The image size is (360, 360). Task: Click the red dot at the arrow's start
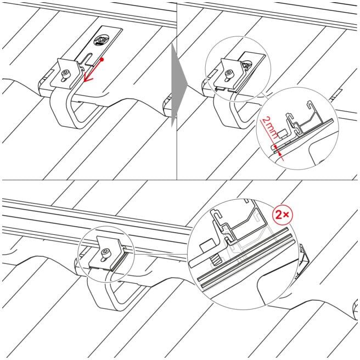(x=102, y=59)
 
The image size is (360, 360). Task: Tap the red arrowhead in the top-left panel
(x=87, y=77)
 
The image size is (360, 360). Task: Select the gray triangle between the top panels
(x=179, y=85)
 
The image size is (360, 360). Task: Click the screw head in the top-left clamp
(x=65, y=74)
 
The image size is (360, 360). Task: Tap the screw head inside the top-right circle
(x=229, y=73)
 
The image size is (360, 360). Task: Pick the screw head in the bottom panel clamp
(x=105, y=252)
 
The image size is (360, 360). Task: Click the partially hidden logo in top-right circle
(x=247, y=65)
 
